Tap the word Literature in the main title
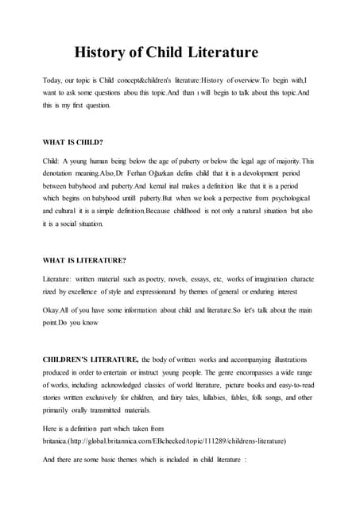pyautogui.click(x=222, y=54)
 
